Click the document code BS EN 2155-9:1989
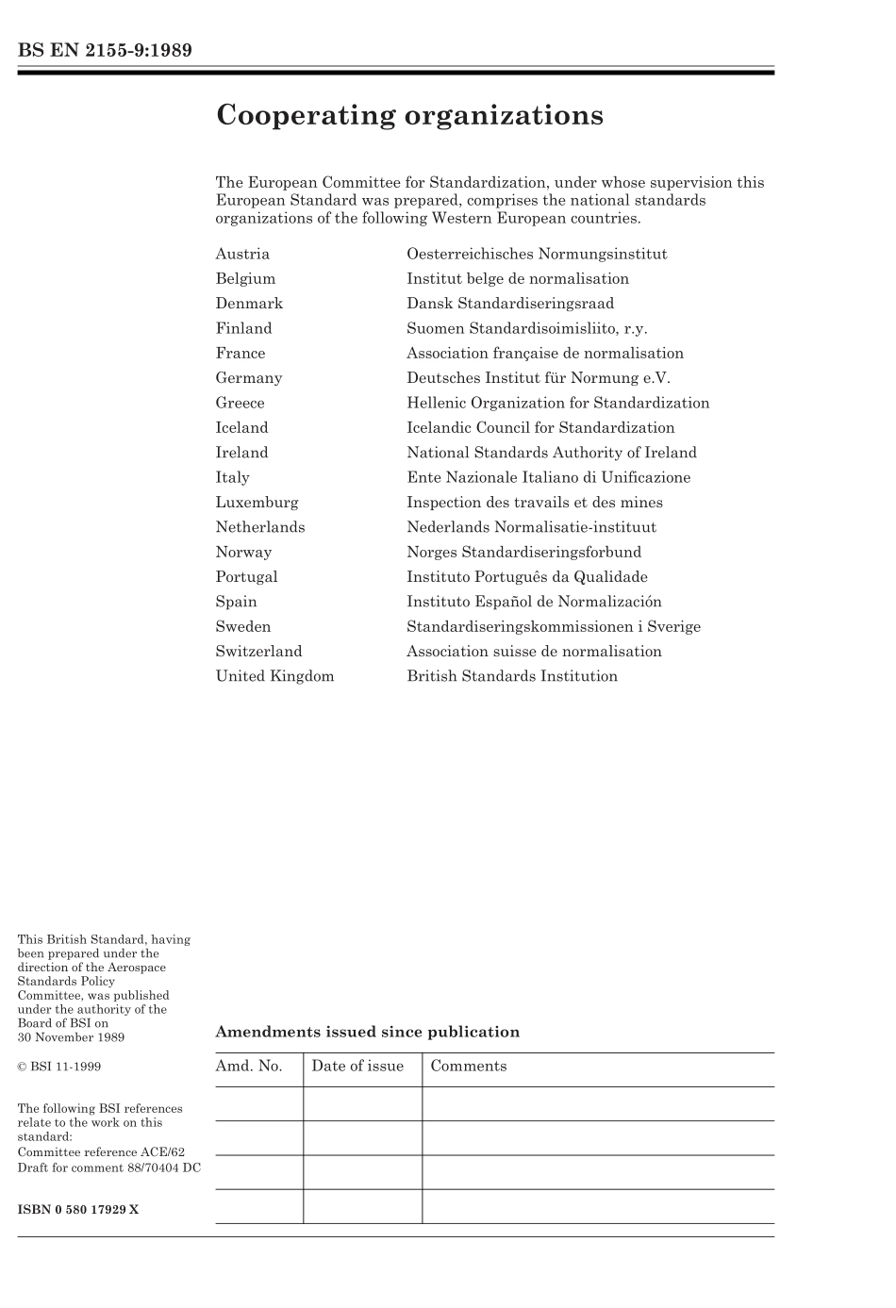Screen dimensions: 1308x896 point(105,51)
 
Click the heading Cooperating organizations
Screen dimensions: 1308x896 point(409,116)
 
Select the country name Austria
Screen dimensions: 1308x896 point(242,254)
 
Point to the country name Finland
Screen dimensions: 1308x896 point(243,328)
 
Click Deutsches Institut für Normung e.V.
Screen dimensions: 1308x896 point(539,378)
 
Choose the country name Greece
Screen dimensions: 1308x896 point(240,403)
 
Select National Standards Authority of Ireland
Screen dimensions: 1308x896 point(552,453)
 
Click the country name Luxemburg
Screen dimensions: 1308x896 point(257,503)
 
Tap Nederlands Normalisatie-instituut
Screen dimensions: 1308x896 point(531,527)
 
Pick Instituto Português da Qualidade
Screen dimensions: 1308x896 point(527,577)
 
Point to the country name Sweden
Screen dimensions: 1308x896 point(242,627)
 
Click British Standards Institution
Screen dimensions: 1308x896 point(512,676)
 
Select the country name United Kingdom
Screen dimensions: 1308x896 point(274,676)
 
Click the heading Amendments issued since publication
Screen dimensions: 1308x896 point(367,1032)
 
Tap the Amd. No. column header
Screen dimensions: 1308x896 point(249,1067)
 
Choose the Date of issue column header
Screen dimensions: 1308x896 point(357,1067)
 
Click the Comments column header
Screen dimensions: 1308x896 point(469,1067)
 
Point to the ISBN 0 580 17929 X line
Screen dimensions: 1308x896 point(78,1209)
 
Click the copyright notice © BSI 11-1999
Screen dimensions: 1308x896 point(59,1067)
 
